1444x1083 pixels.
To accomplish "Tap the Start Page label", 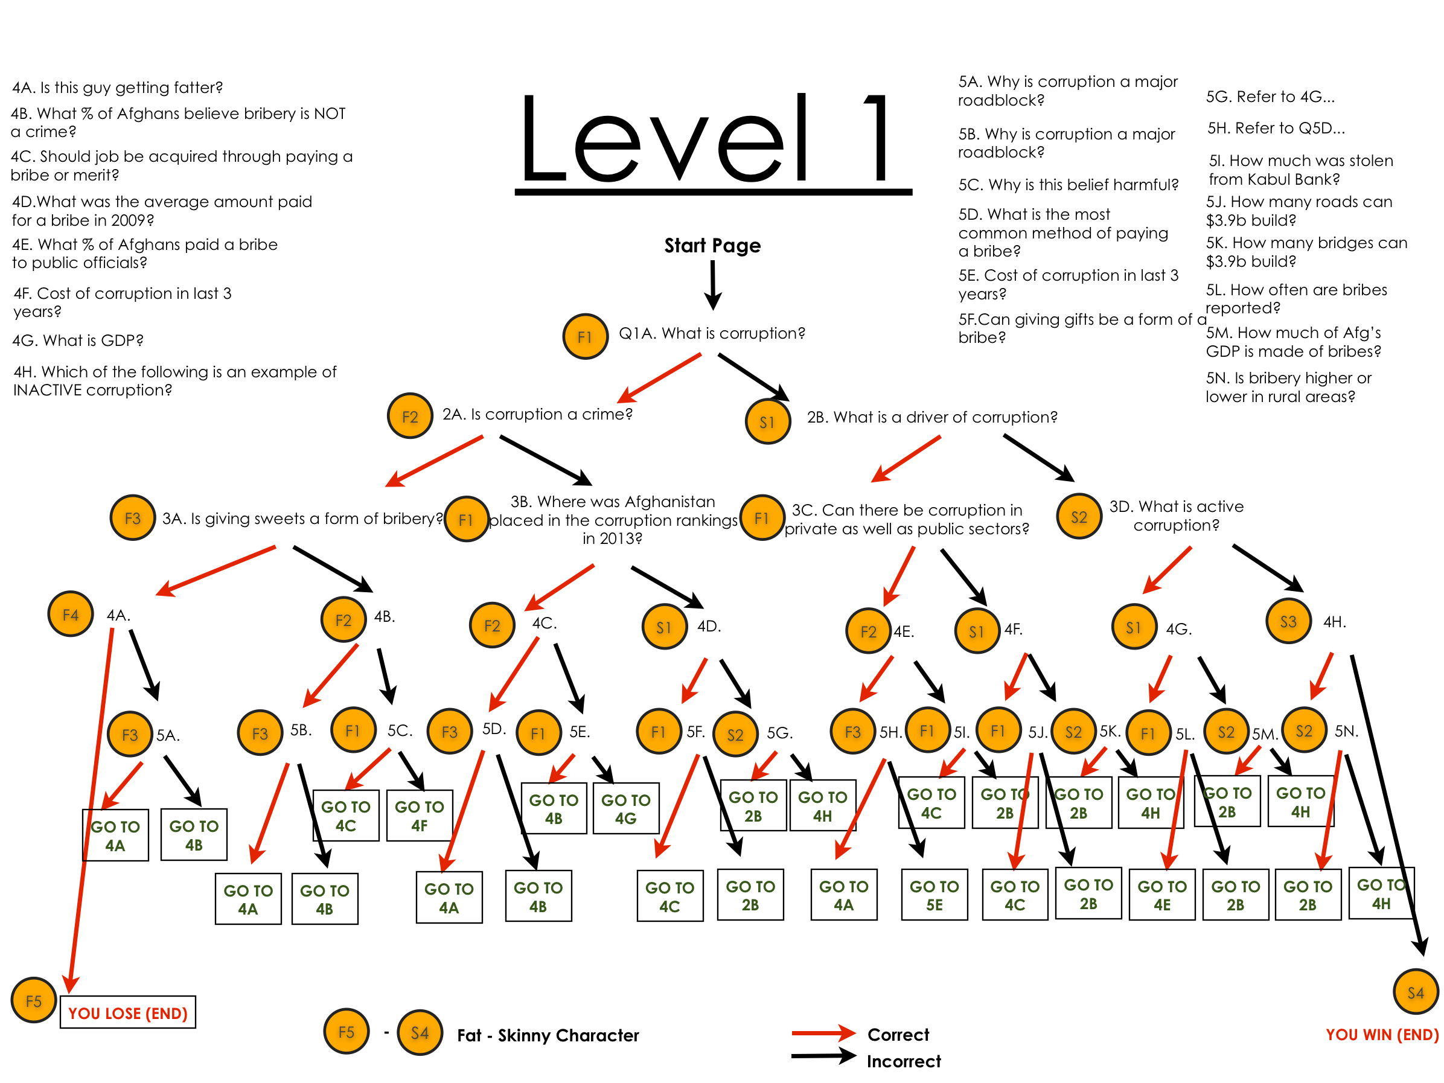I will (x=712, y=246).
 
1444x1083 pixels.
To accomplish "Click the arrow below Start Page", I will (x=713, y=286).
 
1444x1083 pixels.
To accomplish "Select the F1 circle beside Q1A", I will (x=585, y=336).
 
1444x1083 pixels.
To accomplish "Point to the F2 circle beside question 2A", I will (x=410, y=417).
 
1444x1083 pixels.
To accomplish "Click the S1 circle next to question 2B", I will (x=767, y=422).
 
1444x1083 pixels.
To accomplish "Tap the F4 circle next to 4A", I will (x=71, y=615).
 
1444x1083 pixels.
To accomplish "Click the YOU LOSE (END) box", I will (x=128, y=1012).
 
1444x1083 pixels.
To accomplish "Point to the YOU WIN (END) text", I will (x=1382, y=1035).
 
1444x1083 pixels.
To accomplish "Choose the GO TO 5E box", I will (x=934, y=895).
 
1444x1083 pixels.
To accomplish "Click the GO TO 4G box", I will (x=625, y=809).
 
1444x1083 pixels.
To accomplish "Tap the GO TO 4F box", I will (x=419, y=816).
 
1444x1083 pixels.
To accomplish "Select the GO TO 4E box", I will (x=1162, y=895).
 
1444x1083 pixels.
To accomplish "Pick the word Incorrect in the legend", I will (x=904, y=1061).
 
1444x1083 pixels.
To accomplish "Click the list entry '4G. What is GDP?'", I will (x=78, y=340).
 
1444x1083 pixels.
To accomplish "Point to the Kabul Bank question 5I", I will (x=1300, y=170).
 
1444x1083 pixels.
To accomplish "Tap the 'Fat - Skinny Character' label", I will (x=548, y=1035).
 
